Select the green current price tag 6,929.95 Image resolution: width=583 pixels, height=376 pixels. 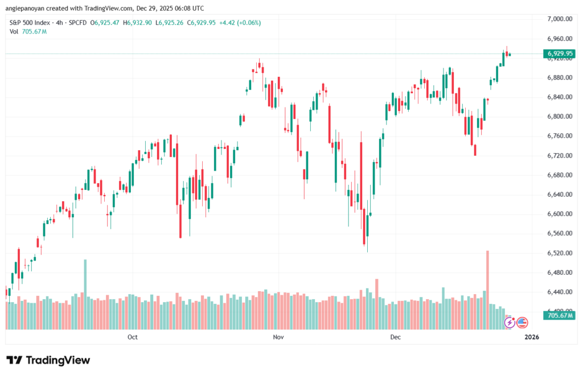click(559, 54)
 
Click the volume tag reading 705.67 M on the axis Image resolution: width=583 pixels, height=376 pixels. click(560, 315)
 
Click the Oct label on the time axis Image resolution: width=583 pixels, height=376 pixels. click(133, 337)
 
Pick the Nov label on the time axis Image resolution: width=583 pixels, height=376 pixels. click(278, 337)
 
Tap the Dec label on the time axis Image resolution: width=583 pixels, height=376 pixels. click(396, 337)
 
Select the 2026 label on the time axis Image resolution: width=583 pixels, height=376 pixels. click(531, 337)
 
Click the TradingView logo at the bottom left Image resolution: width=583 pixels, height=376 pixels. click(48, 360)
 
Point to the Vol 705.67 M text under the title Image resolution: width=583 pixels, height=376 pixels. click(28, 31)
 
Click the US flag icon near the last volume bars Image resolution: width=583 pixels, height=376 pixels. click(522, 323)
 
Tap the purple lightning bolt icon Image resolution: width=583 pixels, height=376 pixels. click(510, 323)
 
